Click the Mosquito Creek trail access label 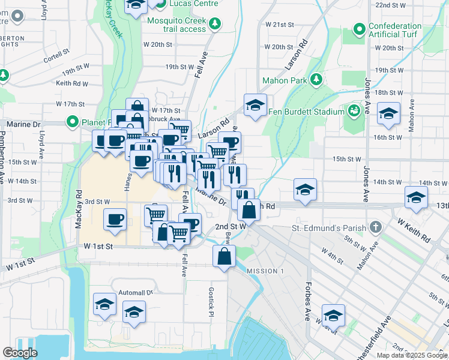[167, 24]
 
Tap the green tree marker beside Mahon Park [316, 80]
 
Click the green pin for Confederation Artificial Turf [360, 29]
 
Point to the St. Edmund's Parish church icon [376, 227]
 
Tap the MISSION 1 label [265, 271]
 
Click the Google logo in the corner [20, 353]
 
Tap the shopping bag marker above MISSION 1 [224, 256]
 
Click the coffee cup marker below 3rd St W [115, 219]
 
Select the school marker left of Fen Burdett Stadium [255, 106]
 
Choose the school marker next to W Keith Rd [416, 197]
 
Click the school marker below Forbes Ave [333, 315]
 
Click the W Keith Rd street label [413, 230]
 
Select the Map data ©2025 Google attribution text [412, 355]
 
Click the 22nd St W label [391, 5]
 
